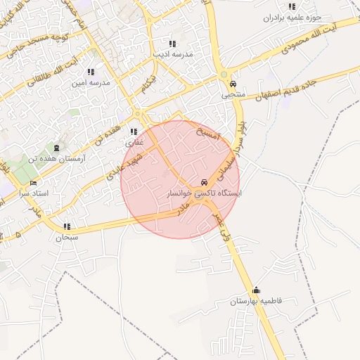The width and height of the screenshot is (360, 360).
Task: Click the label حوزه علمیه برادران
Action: (x=292, y=17)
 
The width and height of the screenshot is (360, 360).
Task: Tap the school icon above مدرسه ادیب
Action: (x=173, y=44)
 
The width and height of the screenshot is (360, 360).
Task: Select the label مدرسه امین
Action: (x=91, y=82)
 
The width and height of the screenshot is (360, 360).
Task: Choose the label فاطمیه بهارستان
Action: (x=255, y=301)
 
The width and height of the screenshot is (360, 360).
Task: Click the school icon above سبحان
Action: (x=67, y=226)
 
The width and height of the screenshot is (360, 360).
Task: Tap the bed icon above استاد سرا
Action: (x=33, y=183)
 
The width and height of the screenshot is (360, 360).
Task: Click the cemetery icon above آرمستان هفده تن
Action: (x=56, y=147)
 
